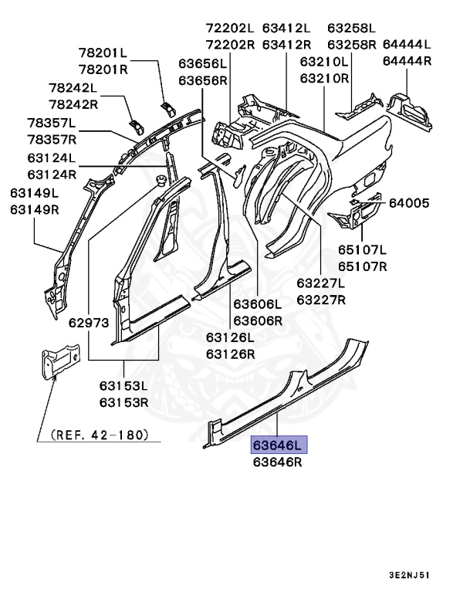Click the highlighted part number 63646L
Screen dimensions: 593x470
coord(277,445)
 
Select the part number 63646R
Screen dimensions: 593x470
coord(277,463)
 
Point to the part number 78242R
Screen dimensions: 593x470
coord(73,104)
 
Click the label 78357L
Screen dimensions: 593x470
coord(52,123)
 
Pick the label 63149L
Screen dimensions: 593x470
coord(35,193)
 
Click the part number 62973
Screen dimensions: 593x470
coord(68,323)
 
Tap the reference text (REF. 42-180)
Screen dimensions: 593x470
coord(99,435)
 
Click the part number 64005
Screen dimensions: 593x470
coord(410,203)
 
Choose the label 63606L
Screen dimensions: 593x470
coord(258,304)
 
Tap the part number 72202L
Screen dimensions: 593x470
coord(230,27)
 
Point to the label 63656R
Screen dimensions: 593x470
coord(203,80)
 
